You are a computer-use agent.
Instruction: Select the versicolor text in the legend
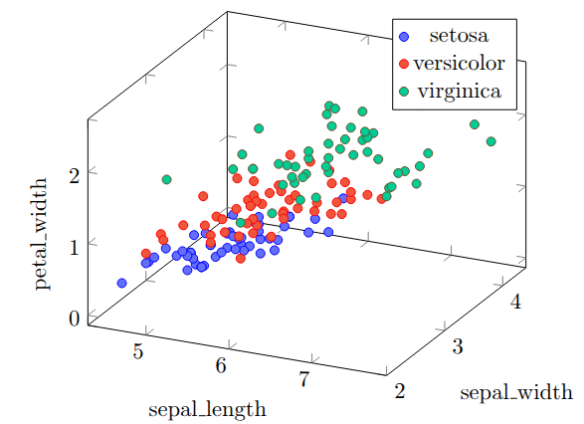pyautogui.click(x=459, y=64)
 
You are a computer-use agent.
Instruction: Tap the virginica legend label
pyautogui.click(x=459, y=91)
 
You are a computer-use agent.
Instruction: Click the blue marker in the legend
pyautogui.click(x=404, y=37)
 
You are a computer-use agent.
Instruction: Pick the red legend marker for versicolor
pyautogui.click(x=404, y=64)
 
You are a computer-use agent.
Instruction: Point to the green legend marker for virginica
pyautogui.click(x=404, y=91)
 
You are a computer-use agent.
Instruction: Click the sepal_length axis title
pyautogui.click(x=207, y=409)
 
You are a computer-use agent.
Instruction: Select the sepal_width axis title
pyautogui.click(x=515, y=391)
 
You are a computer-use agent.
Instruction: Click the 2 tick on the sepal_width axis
pyautogui.click(x=400, y=391)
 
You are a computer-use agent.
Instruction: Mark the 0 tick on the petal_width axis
pyautogui.click(x=73, y=318)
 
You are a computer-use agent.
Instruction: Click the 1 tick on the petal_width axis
pyautogui.click(x=73, y=244)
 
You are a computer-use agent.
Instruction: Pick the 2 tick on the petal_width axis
pyautogui.click(x=73, y=171)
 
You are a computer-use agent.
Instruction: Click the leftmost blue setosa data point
pyautogui.click(x=121, y=283)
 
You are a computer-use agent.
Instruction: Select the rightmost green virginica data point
pyautogui.click(x=491, y=141)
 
